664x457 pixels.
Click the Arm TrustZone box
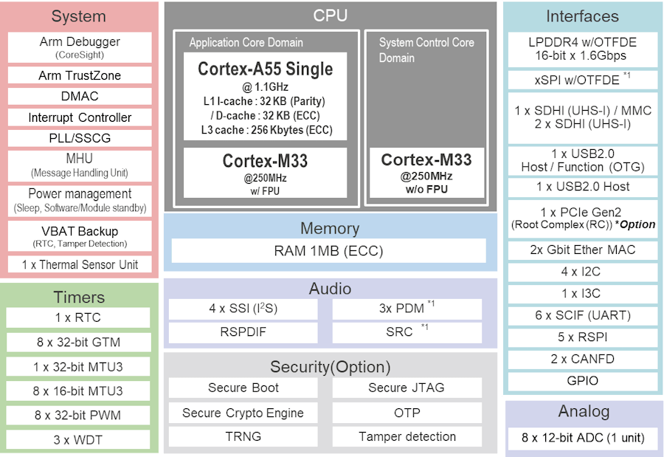tap(80, 75)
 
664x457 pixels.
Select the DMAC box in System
tap(80, 96)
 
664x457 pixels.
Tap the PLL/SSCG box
tap(80, 138)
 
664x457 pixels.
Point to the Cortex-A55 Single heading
tap(266, 69)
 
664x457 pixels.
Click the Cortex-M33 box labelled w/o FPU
tap(426, 173)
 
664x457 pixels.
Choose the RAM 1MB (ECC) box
tap(328, 250)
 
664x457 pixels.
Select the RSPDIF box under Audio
tap(243, 332)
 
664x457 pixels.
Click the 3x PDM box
tap(407, 309)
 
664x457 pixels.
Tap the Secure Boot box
tap(243, 388)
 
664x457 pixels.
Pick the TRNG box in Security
tap(243, 436)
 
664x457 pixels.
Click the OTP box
tap(407, 413)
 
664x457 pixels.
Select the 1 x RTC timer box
tap(78, 317)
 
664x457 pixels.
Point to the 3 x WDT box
tap(78, 439)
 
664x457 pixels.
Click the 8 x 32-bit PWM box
tap(78, 416)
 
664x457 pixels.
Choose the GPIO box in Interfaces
tap(583, 381)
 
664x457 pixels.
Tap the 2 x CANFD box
tap(583, 359)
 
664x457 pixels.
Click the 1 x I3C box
tap(583, 293)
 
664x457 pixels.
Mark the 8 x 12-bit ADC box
tap(583, 438)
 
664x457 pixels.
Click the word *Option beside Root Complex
tap(634, 224)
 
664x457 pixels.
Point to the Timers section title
tap(79, 298)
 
